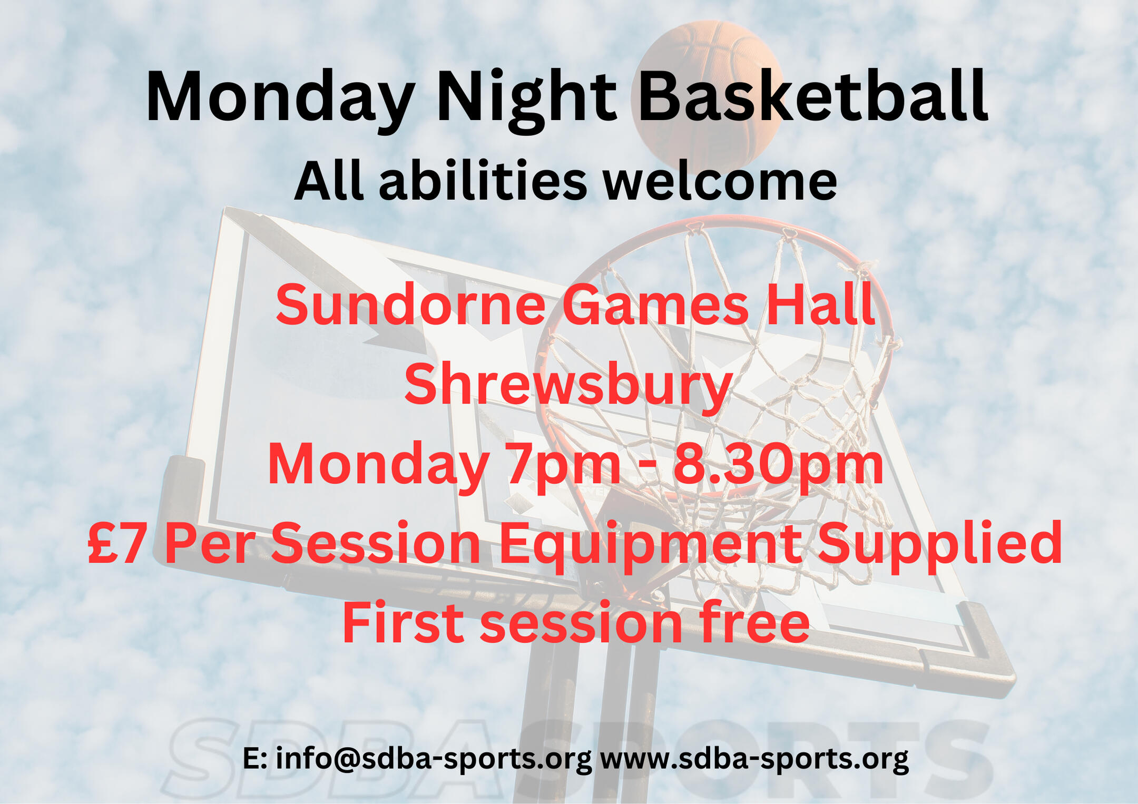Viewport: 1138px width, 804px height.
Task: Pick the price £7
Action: pos(116,543)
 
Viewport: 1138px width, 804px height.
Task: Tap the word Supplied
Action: pos(939,546)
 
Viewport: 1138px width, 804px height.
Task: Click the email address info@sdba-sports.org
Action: pos(434,759)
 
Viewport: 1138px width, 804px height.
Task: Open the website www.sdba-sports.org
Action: pos(754,759)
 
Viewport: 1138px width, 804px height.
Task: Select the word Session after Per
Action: pos(376,543)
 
